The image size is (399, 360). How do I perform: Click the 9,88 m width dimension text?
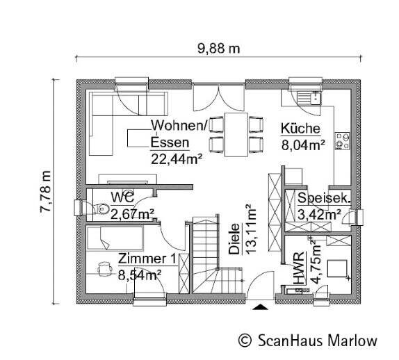(x=219, y=49)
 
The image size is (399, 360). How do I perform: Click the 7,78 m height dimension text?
(x=47, y=192)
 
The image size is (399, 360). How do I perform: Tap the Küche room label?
(x=300, y=129)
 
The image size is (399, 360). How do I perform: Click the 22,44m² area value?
(x=177, y=158)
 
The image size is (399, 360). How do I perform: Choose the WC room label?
(x=122, y=197)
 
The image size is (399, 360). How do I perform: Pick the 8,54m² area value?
(x=140, y=275)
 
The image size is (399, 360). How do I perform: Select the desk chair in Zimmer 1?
(x=104, y=266)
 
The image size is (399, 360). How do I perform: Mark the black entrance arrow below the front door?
(x=260, y=306)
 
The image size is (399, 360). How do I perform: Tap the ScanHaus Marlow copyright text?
(x=308, y=341)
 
